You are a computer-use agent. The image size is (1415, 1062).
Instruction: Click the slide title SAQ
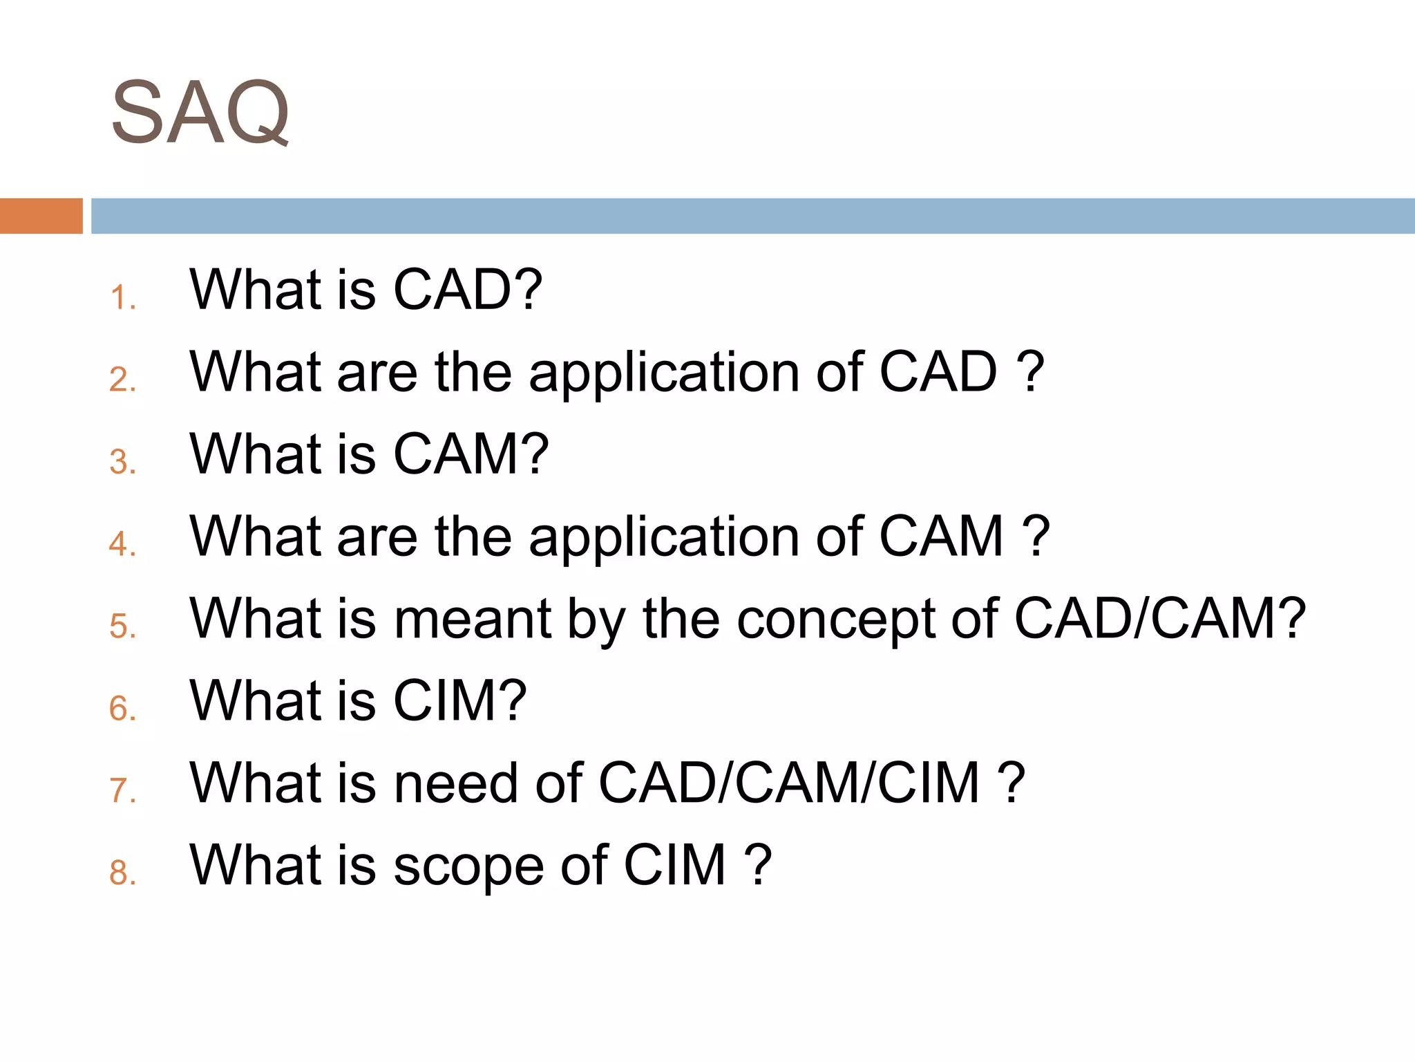(200, 112)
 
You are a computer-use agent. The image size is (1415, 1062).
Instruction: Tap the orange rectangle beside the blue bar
(41, 216)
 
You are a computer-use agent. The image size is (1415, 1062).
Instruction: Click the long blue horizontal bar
(752, 216)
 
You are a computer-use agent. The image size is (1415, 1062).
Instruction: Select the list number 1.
(122, 298)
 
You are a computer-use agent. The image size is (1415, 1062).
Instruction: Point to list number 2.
(122, 380)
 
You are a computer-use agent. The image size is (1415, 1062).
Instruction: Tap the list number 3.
(122, 462)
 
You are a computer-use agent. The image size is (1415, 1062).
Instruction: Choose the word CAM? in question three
(471, 454)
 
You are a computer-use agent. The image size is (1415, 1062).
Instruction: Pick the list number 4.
(122, 544)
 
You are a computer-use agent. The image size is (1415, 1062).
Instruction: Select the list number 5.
(122, 626)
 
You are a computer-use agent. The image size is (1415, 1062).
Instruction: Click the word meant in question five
(473, 619)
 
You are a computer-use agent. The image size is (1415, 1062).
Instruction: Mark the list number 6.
(122, 709)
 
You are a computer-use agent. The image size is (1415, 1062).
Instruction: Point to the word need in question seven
(455, 783)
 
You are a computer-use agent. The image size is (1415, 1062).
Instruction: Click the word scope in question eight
(468, 866)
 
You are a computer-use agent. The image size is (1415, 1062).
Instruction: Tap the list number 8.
(122, 873)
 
